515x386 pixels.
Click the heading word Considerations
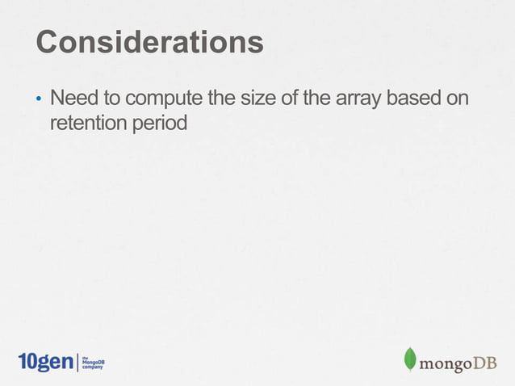click(x=150, y=42)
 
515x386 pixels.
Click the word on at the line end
click(x=458, y=100)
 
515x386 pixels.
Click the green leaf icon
click(x=410, y=359)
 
